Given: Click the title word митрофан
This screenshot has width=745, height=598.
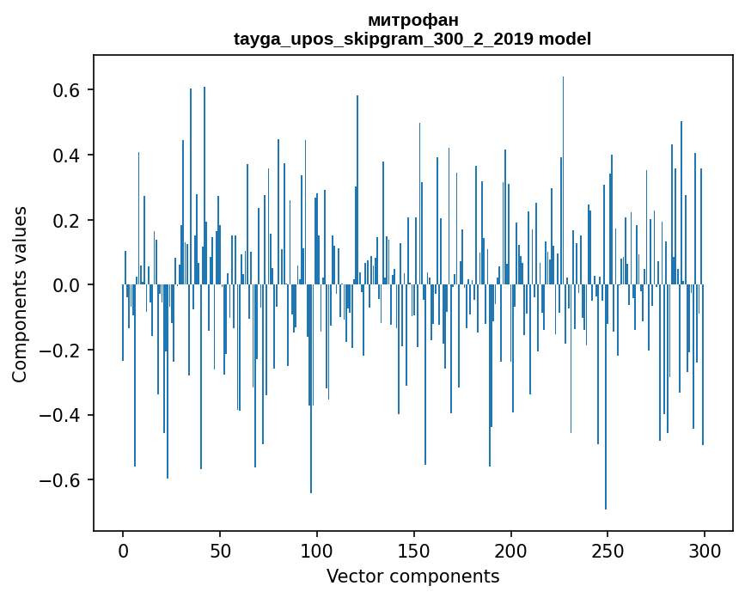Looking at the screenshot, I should pyautogui.click(x=412, y=20).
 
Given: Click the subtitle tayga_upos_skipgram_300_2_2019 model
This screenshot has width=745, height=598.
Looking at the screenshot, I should pyautogui.click(x=412, y=39).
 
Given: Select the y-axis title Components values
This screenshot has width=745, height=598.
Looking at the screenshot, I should pyautogui.click(x=20, y=294).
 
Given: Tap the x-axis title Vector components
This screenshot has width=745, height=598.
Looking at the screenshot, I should pyautogui.click(x=412, y=576).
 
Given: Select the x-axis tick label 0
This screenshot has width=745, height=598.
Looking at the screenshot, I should pyautogui.click(x=123, y=551).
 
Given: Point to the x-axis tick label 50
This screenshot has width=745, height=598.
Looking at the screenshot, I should pyautogui.click(x=220, y=551).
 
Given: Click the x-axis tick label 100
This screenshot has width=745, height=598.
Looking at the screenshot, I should pyautogui.click(x=317, y=551).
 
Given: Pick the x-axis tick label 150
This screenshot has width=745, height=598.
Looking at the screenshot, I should pyautogui.click(x=414, y=551).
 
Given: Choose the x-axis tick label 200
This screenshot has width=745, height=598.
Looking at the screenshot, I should pyautogui.click(x=511, y=551).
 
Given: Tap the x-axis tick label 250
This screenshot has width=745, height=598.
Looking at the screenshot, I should pyautogui.click(x=608, y=551).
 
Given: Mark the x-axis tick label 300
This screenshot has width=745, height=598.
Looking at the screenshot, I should pyautogui.click(x=705, y=551).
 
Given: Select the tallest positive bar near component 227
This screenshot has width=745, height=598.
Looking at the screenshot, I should pyautogui.click(x=563, y=172).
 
